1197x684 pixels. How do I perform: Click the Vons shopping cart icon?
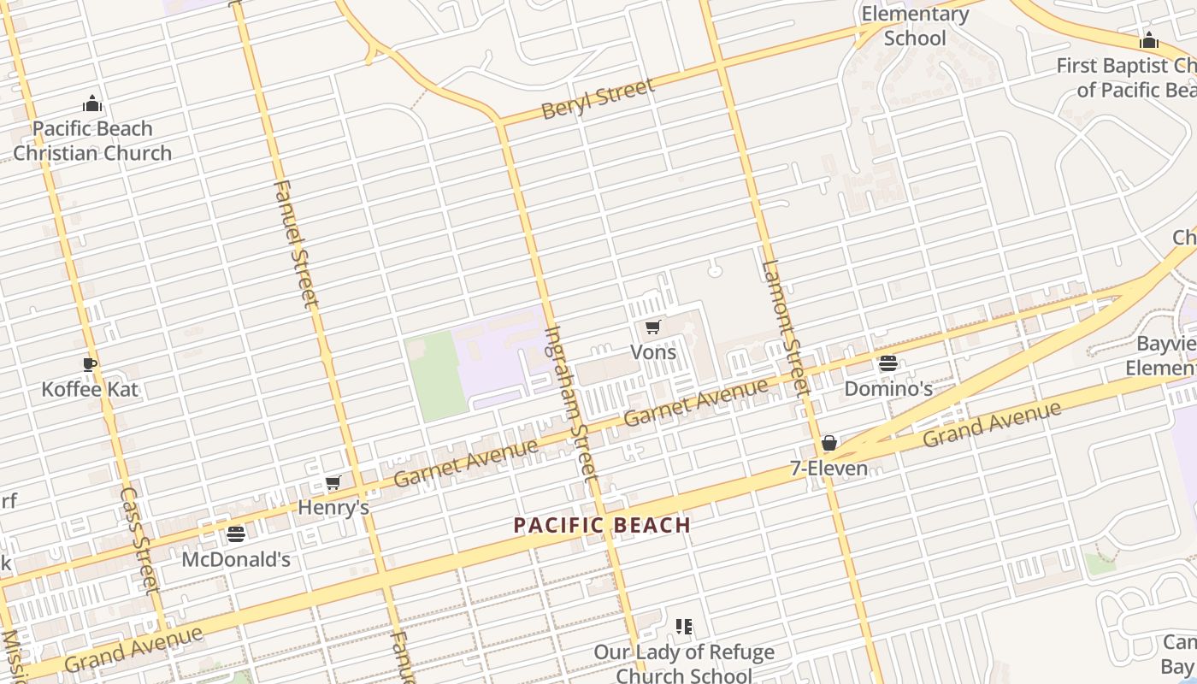tap(652, 327)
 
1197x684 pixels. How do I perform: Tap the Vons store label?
tap(653, 352)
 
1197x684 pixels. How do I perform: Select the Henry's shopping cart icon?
tap(333, 483)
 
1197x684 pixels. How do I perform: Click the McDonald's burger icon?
tap(236, 534)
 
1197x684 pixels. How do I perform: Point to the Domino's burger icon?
tap(888, 363)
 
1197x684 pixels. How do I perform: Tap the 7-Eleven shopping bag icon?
tap(828, 443)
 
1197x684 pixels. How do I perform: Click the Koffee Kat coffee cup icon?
tap(90, 365)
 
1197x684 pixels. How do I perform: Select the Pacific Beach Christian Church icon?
tap(92, 104)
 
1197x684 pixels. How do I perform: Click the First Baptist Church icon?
tap(1149, 40)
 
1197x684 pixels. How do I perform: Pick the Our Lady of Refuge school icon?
tap(684, 627)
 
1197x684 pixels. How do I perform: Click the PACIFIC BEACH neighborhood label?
tap(602, 525)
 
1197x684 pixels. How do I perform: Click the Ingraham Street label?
tap(569, 402)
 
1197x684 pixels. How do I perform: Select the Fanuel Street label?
tap(297, 244)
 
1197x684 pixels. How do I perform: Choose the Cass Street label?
tap(139, 540)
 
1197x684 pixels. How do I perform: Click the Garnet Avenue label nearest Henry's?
tap(466, 463)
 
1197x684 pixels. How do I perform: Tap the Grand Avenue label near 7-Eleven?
tap(992, 425)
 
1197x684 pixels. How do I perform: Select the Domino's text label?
tap(888, 389)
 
